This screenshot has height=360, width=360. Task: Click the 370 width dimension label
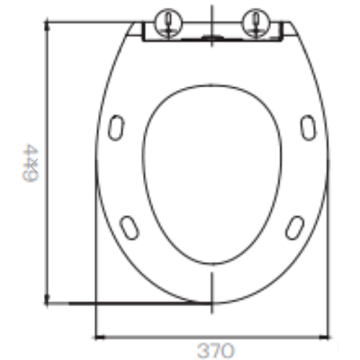(x=216, y=350)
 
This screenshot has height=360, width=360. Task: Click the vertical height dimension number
(x=31, y=163)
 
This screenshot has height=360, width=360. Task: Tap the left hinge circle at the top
(x=168, y=22)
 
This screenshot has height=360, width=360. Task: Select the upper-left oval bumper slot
(x=116, y=127)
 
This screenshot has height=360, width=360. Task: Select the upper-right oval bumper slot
(x=308, y=127)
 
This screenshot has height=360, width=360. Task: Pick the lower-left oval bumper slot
(x=130, y=228)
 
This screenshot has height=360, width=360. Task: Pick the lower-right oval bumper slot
(x=294, y=228)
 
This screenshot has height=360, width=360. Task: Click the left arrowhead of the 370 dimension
(x=100, y=337)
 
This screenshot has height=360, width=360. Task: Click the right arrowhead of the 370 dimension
(x=324, y=337)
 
